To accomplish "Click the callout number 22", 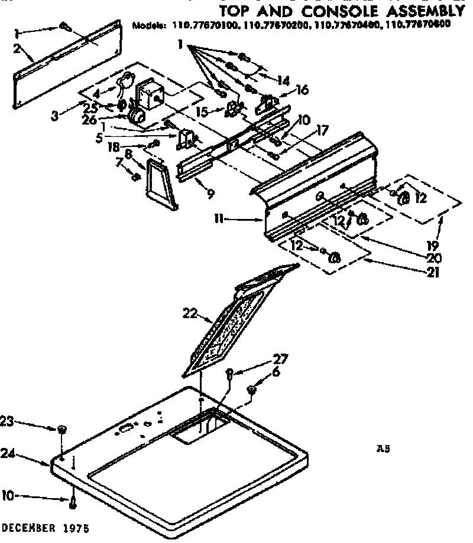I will click(x=189, y=314).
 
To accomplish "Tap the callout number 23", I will click(x=7, y=421).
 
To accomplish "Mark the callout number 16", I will click(x=302, y=90).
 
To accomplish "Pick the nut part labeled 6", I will click(x=251, y=390).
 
